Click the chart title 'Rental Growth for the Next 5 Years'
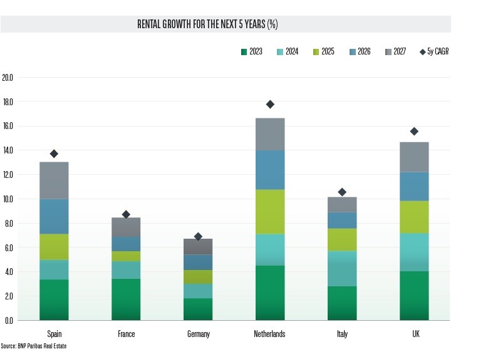pyautogui.click(x=207, y=24)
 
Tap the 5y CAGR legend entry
pyautogui.click(x=434, y=51)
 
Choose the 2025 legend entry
pyautogui.click(x=323, y=51)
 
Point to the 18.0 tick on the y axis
pyautogui.click(x=8, y=102)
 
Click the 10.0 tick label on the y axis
pyautogui.click(x=8, y=199)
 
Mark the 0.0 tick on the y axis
pyautogui.click(x=8, y=321)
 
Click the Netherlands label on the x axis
pyautogui.click(x=270, y=334)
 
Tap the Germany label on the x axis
pyautogui.click(x=198, y=334)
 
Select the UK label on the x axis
pyautogui.click(x=414, y=334)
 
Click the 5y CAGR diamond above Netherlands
pyautogui.click(x=270, y=104)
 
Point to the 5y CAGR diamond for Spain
pyautogui.click(x=54, y=153)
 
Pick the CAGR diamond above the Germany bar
pyautogui.click(x=198, y=236)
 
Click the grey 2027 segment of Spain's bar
pyautogui.click(x=54, y=180)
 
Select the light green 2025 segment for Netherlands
pyautogui.click(x=270, y=212)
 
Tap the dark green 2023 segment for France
pyautogui.click(x=126, y=299)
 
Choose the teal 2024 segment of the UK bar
pyautogui.click(x=414, y=252)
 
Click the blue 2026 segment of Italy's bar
pyautogui.click(x=342, y=221)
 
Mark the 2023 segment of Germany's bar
pyautogui.click(x=198, y=309)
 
